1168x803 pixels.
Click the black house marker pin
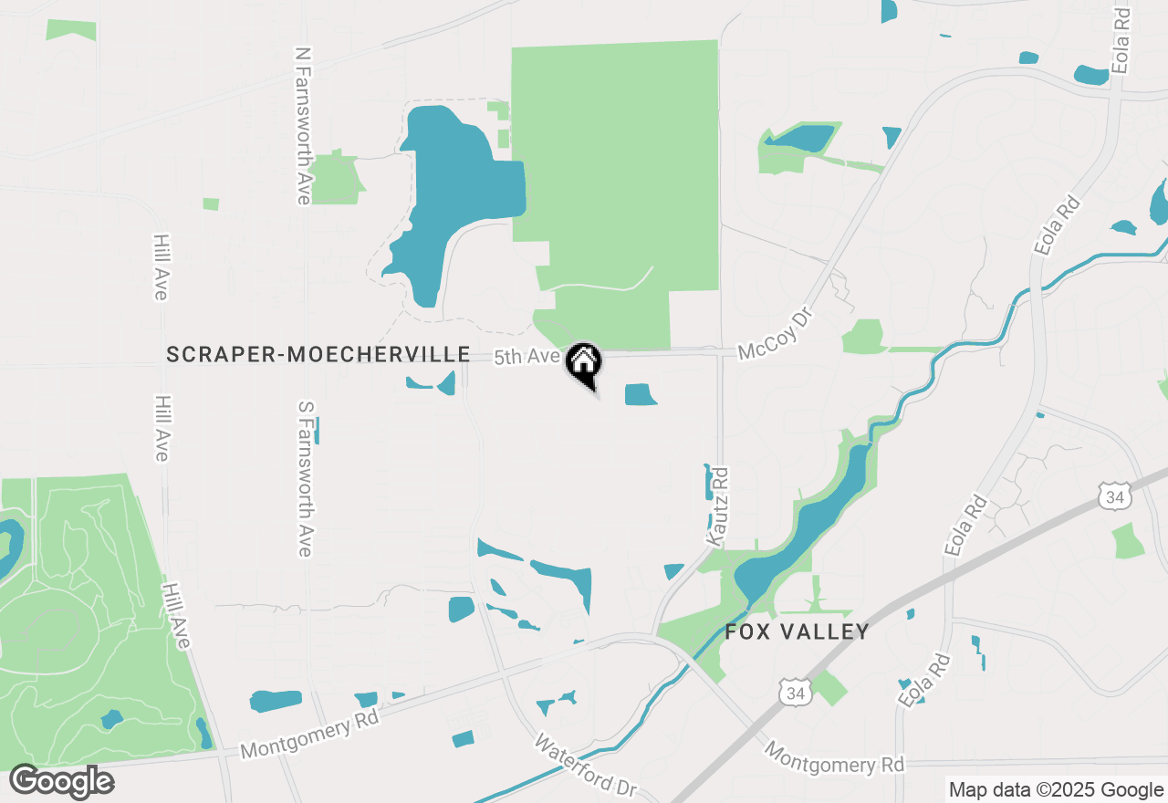584,362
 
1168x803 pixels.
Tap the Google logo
62,781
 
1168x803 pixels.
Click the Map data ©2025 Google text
1056,790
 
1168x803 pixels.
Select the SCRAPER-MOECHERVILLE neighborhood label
318,354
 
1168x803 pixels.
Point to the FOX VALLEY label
797,631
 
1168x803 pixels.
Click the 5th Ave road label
527,357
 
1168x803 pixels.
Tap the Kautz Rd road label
718,507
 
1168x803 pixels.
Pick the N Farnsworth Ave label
302,126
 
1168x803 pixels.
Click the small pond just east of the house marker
640,394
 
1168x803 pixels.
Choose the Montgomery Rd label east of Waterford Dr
833,756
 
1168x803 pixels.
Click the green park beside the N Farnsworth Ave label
336,179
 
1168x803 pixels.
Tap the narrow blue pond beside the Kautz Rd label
708,482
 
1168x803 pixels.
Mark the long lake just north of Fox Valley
803,529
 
